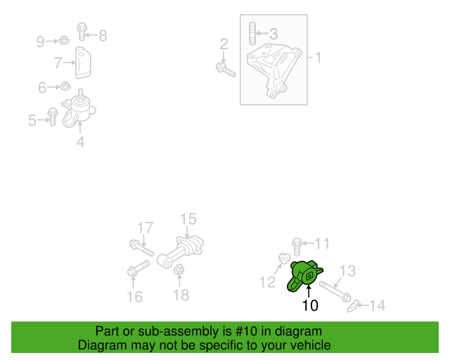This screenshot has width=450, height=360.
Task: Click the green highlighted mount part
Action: click(304, 276)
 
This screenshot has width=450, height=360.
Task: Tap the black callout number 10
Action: click(310, 305)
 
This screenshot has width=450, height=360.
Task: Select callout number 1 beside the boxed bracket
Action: click(318, 58)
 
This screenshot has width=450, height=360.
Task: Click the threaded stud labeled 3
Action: click(252, 34)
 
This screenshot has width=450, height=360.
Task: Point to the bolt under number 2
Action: click(226, 70)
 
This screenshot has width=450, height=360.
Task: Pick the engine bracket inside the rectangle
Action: click(273, 69)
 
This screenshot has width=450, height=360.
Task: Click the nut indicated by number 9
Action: click(64, 41)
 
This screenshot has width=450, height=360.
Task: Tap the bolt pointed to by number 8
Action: click(82, 32)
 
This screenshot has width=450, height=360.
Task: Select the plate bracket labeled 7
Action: click(83, 63)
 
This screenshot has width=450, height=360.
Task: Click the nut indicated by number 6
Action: click(65, 86)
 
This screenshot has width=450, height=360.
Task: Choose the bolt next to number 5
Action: click(53, 117)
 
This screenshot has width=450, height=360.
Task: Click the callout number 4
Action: click(81, 142)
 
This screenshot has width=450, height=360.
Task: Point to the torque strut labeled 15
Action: click(181, 251)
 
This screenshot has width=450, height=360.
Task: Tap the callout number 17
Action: click(145, 228)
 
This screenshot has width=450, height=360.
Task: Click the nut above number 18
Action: click(179, 269)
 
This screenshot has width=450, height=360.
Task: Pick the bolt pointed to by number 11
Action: click(297, 246)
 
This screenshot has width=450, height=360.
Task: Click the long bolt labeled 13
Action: click(335, 291)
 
